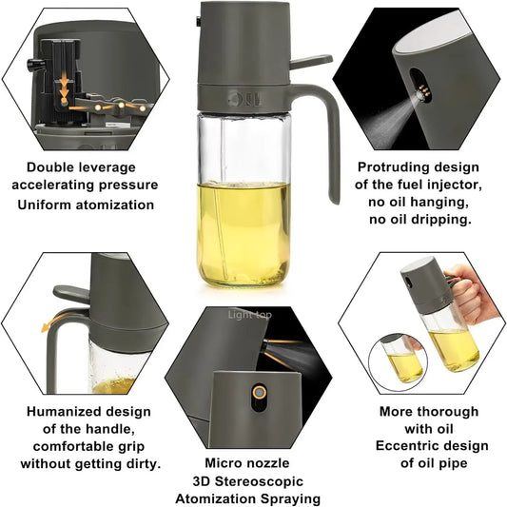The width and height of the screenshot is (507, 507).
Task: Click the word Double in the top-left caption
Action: (49, 167)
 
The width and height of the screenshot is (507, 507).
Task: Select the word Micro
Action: (223, 463)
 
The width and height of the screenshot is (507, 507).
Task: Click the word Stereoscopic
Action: (264, 481)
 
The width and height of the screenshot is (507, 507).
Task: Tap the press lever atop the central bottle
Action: (308, 62)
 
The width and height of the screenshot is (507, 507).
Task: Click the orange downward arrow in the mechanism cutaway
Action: (65, 88)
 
